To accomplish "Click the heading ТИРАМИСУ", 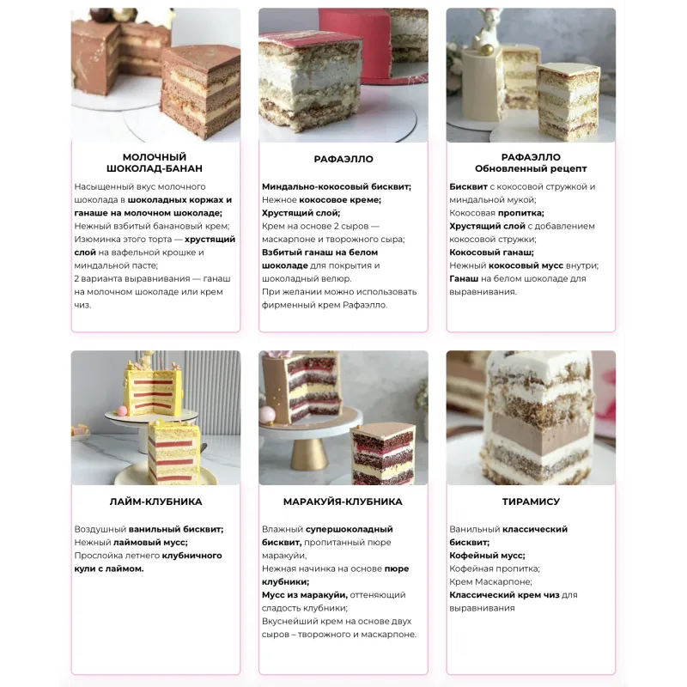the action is (531, 502).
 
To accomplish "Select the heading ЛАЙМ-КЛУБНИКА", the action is (155, 502).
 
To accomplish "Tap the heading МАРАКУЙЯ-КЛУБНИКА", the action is (343, 502).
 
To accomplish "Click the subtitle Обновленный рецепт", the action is (531, 168).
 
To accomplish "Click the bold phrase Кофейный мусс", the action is (487, 556).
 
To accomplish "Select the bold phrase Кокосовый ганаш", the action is (491, 252).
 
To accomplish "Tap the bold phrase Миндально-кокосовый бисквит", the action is (337, 186).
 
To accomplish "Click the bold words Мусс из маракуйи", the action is (305, 595).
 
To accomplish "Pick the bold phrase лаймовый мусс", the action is (150, 543).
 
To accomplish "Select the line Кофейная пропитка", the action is (495, 568).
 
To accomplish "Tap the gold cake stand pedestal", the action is (309, 454).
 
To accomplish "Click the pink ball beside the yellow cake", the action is (121, 410).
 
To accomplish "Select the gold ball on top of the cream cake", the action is (486, 49).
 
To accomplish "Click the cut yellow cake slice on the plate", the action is (174, 452).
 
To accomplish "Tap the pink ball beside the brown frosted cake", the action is (268, 415).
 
